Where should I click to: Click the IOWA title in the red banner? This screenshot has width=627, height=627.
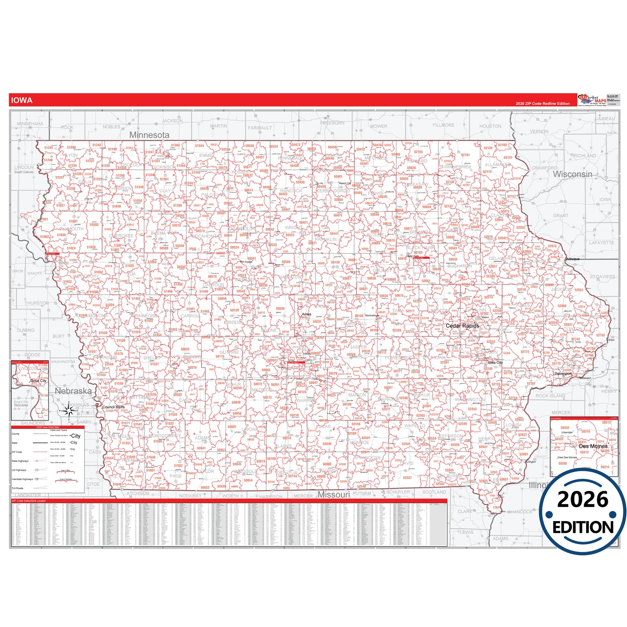click(22, 100)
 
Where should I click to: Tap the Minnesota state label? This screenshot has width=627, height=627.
click(149, 135)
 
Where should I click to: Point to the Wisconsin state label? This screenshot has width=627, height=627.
click(572, 174)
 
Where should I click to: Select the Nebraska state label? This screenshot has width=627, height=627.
click(73, 391)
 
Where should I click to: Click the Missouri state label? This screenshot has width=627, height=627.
click(334, 495)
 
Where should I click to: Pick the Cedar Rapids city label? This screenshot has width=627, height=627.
click(463, 325)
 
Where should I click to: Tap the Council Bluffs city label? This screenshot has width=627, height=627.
click(113, 407)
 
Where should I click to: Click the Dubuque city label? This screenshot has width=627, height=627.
click(572, 259)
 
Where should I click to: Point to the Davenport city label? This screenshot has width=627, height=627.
click(563, 374)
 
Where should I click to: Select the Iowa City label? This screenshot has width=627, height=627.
click(495, 363)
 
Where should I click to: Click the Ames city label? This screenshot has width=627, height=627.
click(306, 314)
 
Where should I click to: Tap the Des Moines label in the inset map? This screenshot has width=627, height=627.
click(593, 446)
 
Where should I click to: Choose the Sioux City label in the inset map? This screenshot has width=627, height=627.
click(38, 381)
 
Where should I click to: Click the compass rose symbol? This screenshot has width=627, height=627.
click(68, 410)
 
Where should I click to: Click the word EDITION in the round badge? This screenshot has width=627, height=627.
click(583, 527)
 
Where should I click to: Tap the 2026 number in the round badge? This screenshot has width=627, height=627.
click(583, 500)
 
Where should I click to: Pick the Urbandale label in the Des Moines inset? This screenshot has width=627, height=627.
click(567, 432)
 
